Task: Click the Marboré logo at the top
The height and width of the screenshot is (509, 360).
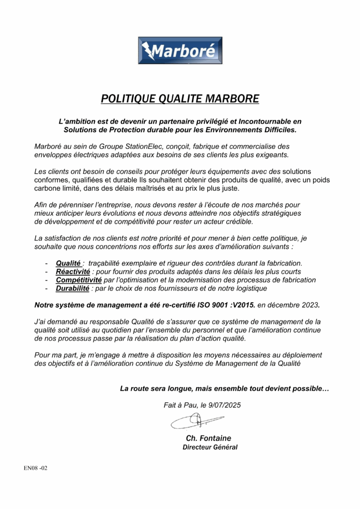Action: (x=180, y=50)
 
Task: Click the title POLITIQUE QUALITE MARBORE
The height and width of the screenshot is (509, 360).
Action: (x=180, y=98)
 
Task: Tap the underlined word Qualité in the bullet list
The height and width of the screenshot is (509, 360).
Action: (x=68, y=263)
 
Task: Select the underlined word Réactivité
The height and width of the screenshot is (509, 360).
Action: (x=73, y=271)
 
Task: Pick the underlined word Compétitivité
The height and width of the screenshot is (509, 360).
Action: (x=79, y=280)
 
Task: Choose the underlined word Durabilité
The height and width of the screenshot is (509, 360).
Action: (x=73, y=288)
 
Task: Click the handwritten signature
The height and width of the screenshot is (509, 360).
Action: (x=196, y=422)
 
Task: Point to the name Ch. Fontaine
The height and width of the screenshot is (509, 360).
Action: (x=208, y=438)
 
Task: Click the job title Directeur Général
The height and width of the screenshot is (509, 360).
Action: (x=210, y=447)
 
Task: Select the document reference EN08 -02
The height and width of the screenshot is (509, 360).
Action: (x=35, y=468)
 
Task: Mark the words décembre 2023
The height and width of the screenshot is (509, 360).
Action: (x=299, y=304)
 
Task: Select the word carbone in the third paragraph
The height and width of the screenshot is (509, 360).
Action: (x=47, y=188)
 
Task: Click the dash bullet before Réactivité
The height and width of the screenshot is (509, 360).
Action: (x=46, y=271)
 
